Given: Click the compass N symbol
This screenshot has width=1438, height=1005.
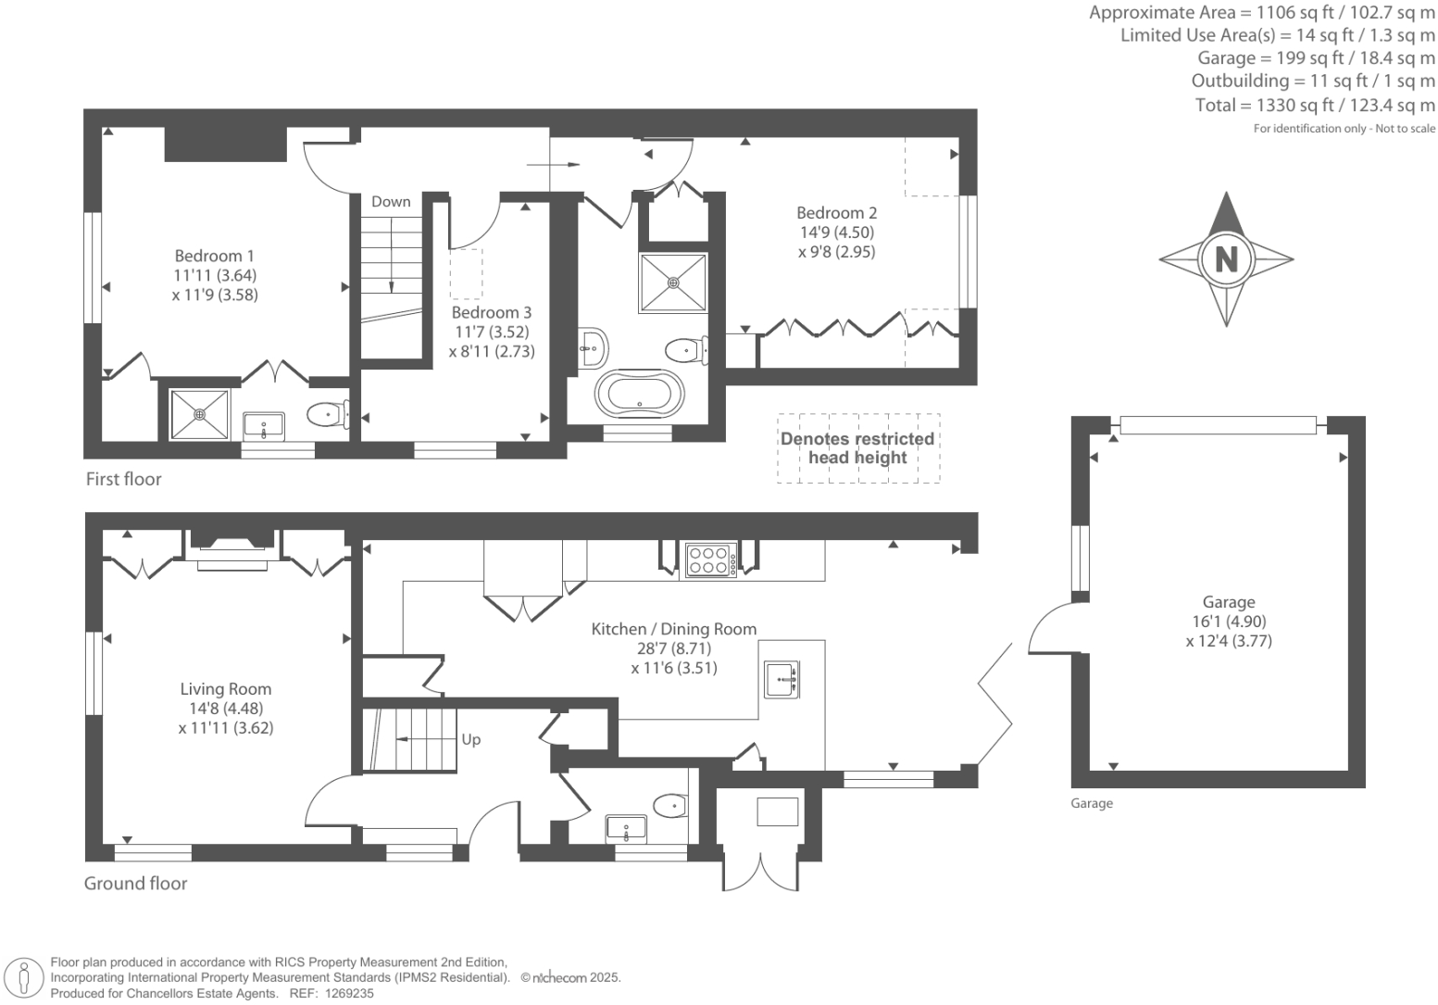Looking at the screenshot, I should click(1226, 258).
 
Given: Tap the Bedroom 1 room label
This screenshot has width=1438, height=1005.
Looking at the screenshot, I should click(214, 256).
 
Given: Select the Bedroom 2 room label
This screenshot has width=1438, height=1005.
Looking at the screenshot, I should click(836, 213).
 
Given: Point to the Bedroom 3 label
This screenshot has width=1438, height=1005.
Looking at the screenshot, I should click(491, 313).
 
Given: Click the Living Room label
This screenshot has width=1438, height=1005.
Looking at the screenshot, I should click(225, 689).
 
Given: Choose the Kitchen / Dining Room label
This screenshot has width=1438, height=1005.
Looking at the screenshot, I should click(673, 629).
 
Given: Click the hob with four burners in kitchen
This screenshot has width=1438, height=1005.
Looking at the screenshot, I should click(710, 560).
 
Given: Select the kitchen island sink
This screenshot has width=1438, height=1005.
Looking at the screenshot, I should click(781, 679).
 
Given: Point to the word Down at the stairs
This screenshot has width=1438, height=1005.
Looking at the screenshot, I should click(391, 201).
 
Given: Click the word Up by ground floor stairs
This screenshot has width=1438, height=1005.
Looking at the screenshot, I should click(470, 739).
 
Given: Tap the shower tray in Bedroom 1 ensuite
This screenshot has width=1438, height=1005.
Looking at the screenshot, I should click(199, 414).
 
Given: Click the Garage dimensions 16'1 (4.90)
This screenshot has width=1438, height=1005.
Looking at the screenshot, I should click(1228, 622).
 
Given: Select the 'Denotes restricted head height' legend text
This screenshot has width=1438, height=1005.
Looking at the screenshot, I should click(857, 447).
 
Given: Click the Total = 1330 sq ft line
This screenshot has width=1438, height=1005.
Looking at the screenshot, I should click(1314, 105).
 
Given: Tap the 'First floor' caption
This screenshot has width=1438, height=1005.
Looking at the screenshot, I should click(123, 479).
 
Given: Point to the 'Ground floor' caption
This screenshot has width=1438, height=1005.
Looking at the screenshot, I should click(135, 883).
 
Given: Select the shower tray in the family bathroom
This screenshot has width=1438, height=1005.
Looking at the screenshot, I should click(673, 283).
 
